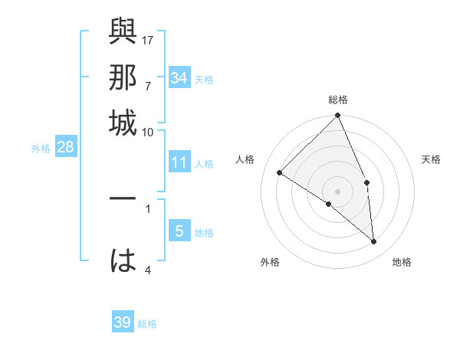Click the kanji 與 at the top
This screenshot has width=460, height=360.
click(123, 32)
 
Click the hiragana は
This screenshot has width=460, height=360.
click(123, 260)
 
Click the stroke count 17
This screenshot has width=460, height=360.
click(148, 39)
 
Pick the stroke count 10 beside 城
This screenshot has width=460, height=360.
click(148, 132)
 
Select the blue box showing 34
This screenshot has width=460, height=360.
click(179, 78)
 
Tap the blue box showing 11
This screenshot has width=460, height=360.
click(179, 162)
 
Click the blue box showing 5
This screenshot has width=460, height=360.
click(179, 231)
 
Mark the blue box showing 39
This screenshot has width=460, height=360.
click(123, 322)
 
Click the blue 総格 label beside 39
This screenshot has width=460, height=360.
click(147, 324)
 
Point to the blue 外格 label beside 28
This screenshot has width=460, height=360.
click(41, 149)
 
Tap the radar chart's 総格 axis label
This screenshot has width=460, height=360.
click(338, 100)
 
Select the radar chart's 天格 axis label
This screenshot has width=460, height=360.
click(431, 159)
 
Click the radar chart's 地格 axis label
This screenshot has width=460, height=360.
click(402, 262)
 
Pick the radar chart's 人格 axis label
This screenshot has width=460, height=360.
click(245, 159)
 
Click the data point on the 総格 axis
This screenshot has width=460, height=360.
click(338, 116)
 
